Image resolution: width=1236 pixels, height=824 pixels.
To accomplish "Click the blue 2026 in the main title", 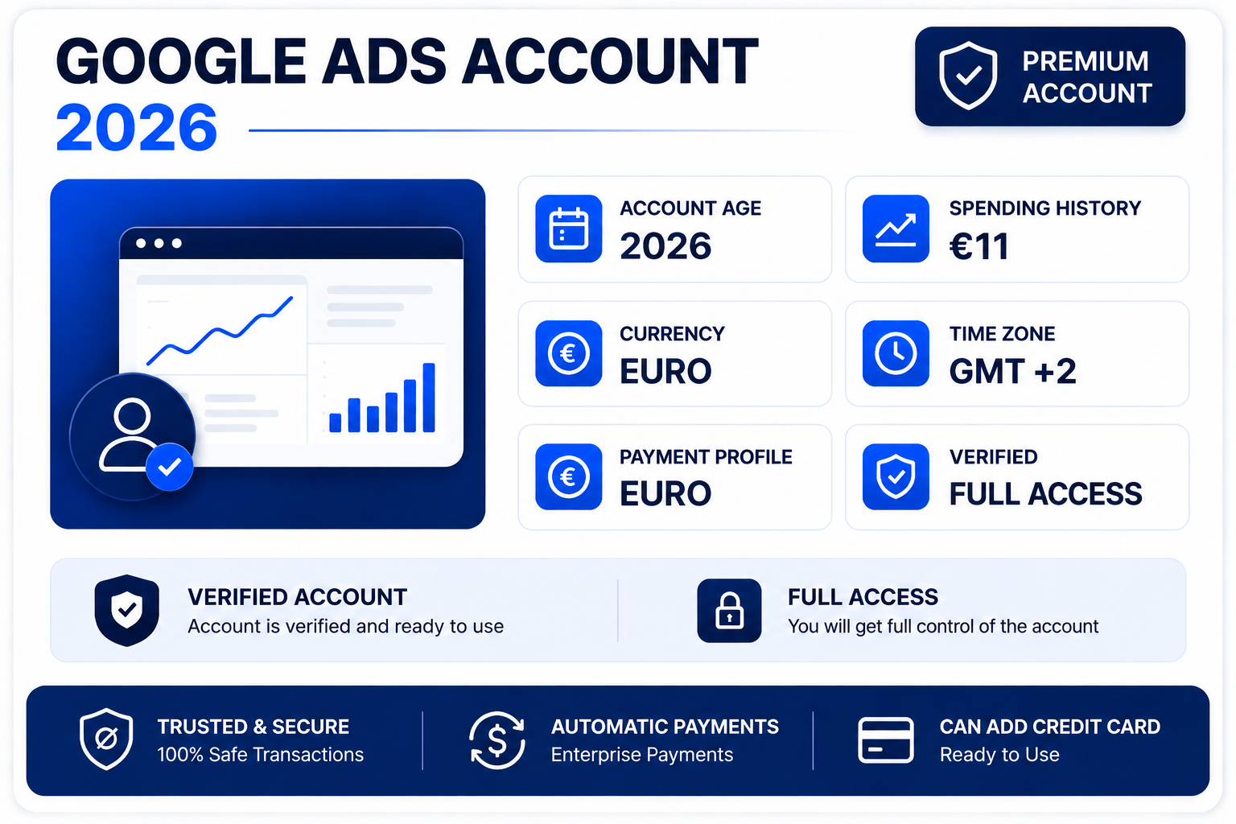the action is click(136, 127).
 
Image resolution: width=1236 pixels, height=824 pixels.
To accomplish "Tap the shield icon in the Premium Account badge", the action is click(968, 75).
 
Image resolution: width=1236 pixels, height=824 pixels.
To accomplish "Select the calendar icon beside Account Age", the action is click(568, 229).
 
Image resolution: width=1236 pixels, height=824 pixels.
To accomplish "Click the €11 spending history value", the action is click(978, 245).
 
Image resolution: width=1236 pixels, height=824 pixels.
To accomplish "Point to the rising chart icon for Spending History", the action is click(896, 229).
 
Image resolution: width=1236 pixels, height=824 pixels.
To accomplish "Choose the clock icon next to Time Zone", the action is click(896, 353).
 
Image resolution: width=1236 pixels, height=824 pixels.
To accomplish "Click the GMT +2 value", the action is click(1012, 371).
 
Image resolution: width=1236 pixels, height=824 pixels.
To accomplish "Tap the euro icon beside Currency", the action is click(568, 353).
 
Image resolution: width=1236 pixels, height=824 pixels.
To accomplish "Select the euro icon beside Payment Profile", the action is click(568, 476).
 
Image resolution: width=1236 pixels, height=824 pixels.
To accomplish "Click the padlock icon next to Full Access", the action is click(729, 611).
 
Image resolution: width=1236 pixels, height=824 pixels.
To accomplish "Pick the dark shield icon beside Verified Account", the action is click(127, 610).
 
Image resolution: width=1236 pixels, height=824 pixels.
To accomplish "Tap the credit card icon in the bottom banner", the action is click(886, 740).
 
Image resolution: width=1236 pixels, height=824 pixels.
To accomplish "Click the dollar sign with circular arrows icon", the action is click(496, 740).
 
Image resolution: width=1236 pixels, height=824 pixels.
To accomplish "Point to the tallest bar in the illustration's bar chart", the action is click(429, 398).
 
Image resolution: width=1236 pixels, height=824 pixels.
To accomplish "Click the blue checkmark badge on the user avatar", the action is click(170, 467).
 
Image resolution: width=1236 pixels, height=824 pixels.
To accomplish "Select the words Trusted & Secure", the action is click(253, 727).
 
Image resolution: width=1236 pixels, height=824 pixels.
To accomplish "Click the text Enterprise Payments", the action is click(641, 755).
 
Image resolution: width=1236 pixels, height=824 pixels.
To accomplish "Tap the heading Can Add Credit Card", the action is click(1049, 727).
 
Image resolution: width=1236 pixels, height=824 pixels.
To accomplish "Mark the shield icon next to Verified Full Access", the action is click(896, 476).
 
